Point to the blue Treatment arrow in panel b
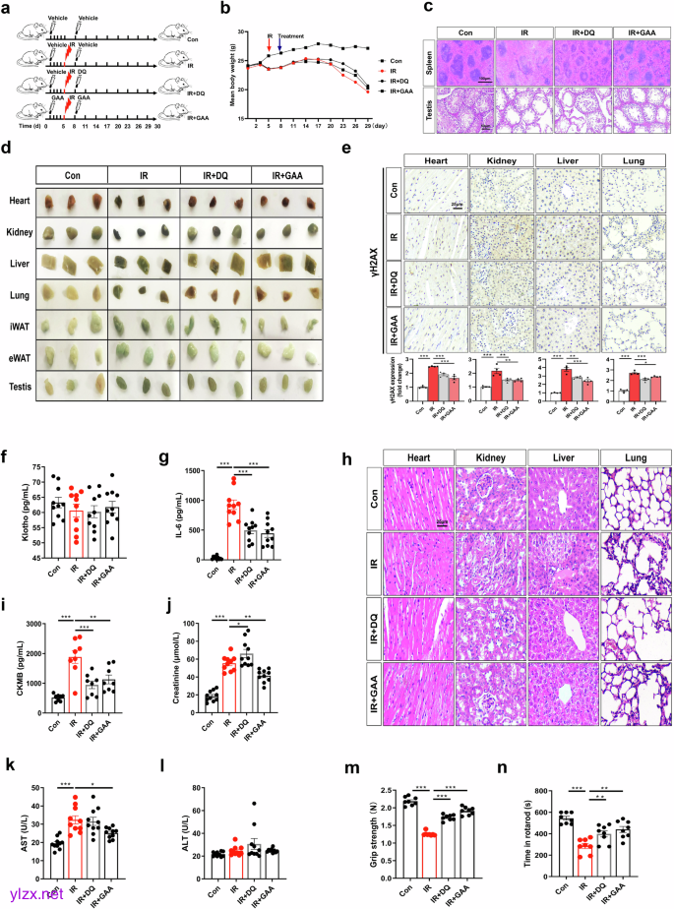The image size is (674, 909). tap(280, 42)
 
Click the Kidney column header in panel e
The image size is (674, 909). tap(501, 159)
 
